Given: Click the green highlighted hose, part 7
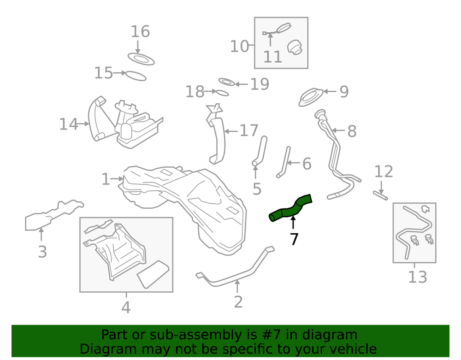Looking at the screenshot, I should click(x=290, y=208).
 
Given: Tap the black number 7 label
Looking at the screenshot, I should click(x=294, y=239).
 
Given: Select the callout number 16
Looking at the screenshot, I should click(x=140, y=32).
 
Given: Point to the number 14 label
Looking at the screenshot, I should click(x=68, y=124).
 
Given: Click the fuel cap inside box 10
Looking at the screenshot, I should click(x=294, y=47).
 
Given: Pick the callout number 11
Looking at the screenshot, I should click(x=272, y=57).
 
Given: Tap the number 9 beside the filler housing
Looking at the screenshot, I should click(x=344, y=92).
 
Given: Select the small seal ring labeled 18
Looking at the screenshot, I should click(x=222, y=93).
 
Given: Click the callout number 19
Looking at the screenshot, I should click(x=260, y=84).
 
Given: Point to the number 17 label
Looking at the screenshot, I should click(x=249, y=131).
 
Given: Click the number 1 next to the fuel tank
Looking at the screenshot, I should click(x=106, y=179).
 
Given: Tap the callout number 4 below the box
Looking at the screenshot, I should click(x=126, y=307).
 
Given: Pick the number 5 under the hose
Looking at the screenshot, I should click(x=257, y=189).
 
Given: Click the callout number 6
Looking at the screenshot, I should click(x=307, y=164).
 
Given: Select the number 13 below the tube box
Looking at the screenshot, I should click(x=417, y=277).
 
